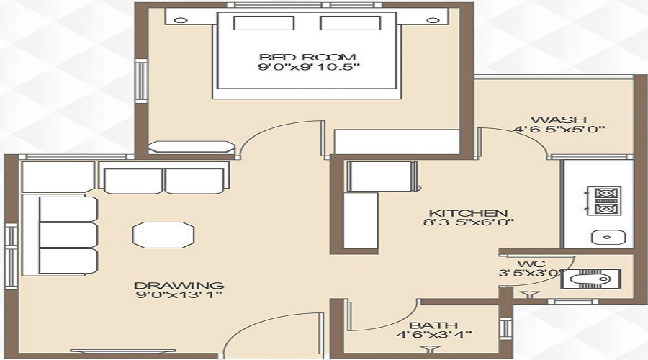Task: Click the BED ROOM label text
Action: click(307, 57)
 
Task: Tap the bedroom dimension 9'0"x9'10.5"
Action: click(307, 68)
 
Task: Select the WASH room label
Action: click(558, 120)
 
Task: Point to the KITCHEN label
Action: click(469, 213)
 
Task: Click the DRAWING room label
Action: click(179, 285)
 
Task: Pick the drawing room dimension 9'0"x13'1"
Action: click(179, 295)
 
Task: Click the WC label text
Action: click(531, 264)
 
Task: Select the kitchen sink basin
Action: click(607, 238)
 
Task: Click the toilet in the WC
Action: click(590, 279)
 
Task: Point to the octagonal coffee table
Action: click(163, 235)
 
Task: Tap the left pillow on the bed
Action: click(264, 23)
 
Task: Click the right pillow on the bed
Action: click(351, 23)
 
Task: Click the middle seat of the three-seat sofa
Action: click(68, 235)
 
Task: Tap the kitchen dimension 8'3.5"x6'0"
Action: click(469, 222)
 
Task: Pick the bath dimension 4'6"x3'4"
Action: click(433, 334)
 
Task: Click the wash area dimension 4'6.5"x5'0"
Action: click(559, 130)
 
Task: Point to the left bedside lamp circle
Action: click(181, 20)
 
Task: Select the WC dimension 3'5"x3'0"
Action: click(531, 273)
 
